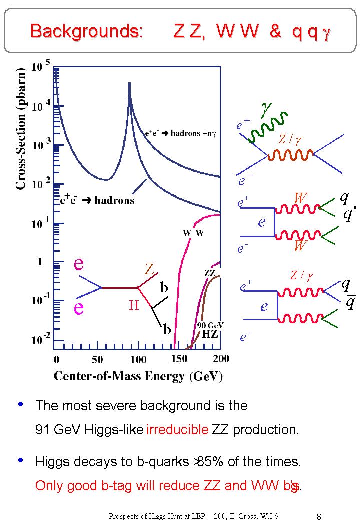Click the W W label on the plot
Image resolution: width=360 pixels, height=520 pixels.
[x=193, y=233]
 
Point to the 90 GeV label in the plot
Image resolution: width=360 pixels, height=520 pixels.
[x=210, y=325]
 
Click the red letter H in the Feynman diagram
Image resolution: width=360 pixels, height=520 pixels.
[x=134, y=305]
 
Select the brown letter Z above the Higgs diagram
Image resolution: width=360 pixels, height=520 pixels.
[x=149, y=270]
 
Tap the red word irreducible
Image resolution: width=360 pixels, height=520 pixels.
[x=177, y=430]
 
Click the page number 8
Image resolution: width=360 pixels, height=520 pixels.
[x=319, y=516]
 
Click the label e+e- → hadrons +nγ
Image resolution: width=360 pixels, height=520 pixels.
[x=180, y=133]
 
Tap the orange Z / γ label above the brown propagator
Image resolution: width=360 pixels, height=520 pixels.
[x=290, y=141]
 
